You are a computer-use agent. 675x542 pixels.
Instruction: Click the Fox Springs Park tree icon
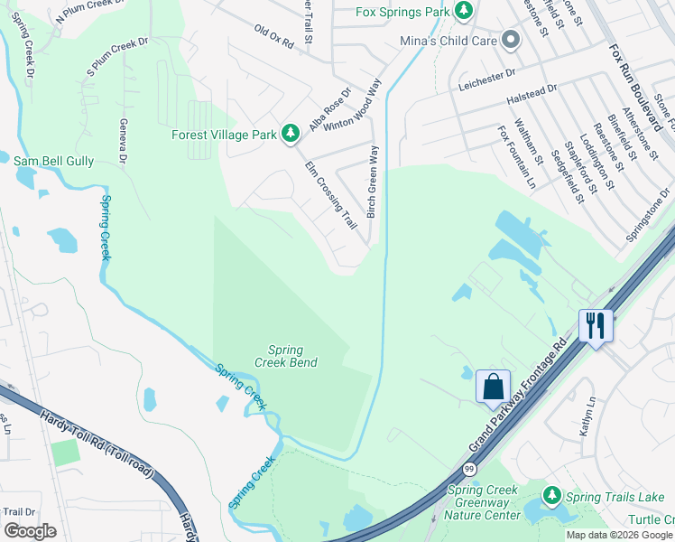tap(464, 10)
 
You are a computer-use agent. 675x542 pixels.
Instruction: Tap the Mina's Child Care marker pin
tap(511, 40)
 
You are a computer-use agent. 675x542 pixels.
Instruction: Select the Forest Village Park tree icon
tap(290, 135)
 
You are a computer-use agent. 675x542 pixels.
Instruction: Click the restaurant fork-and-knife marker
tap(596, 325)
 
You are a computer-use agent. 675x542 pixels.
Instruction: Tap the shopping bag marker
tap(494, 387)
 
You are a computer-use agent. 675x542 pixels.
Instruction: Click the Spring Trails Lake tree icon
tap(551, 496)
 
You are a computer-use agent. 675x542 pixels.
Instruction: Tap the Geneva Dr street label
tap(122, 143)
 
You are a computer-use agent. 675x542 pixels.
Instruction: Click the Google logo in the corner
tap(30, 531)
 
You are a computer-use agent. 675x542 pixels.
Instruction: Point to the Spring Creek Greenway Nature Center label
tap(484, 502)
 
